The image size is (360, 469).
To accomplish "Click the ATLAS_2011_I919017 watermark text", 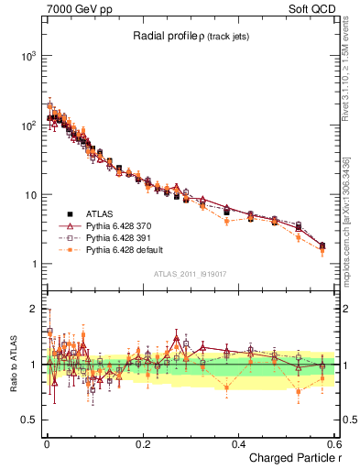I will tap(190, 274).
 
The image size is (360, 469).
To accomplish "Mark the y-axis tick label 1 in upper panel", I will tap(31, 265).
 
